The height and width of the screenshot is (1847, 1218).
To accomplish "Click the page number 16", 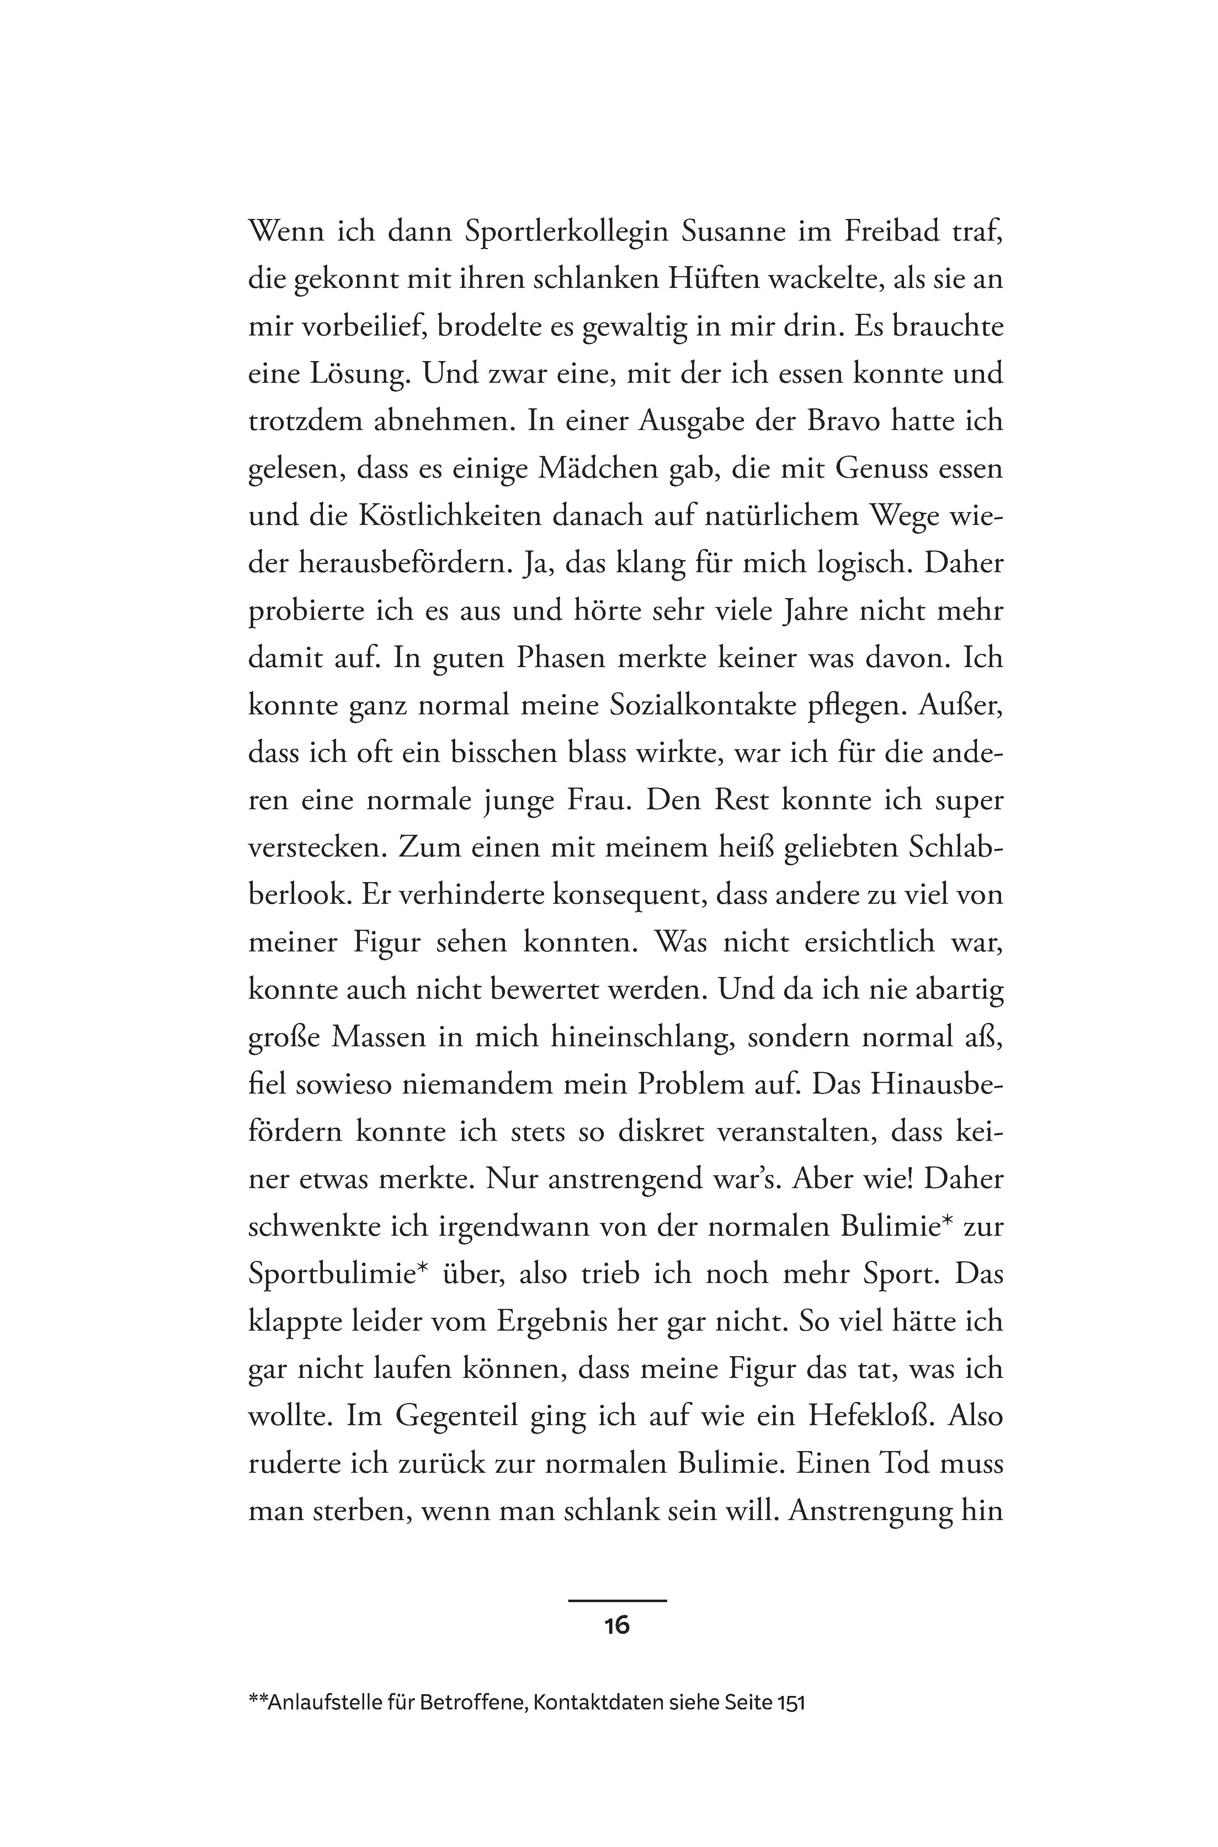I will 617,1625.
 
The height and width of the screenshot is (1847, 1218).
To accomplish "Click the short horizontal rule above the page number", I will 617,1600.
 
